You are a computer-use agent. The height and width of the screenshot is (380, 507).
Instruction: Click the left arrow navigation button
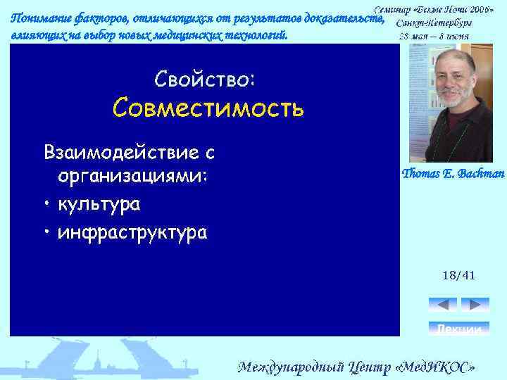[442, 305]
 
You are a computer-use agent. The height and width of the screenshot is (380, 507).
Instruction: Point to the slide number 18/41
[458, 275]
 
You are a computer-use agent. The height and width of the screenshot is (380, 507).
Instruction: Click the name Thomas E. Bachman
[453, 174]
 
